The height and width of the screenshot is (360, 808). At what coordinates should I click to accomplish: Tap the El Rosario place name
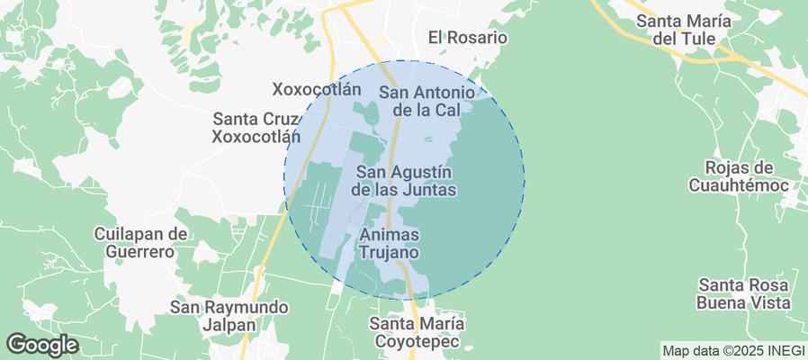[x=468, y=38]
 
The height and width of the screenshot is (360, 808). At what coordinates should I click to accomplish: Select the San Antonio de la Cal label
[x=426, y=101]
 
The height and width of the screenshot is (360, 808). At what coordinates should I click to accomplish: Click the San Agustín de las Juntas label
[x=403, y=181]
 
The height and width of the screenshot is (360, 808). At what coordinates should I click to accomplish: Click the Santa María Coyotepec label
[x=417, y=332]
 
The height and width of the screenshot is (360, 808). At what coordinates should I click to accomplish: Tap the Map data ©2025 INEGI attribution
[x=731, y=350]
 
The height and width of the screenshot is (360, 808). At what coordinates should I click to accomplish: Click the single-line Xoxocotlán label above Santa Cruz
[x=317, y=89]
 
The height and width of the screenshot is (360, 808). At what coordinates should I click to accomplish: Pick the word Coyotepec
[x=417, y=342]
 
